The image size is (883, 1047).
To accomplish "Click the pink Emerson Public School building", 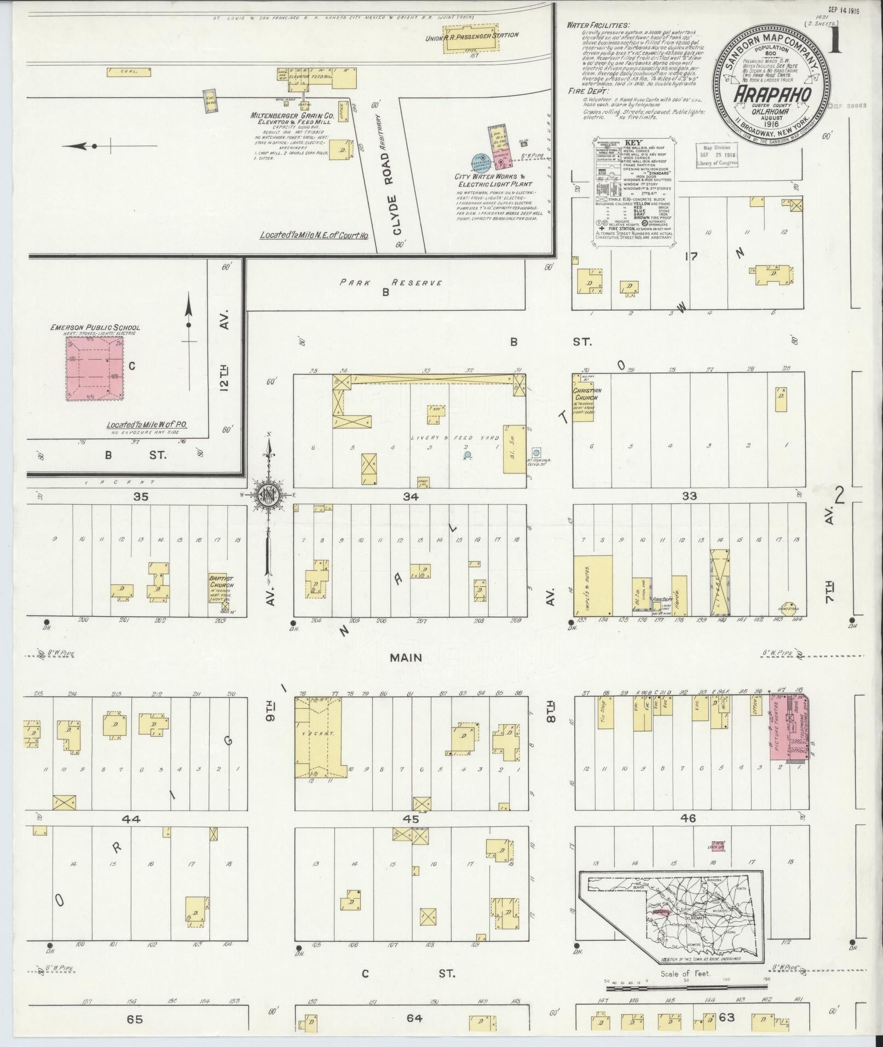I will coord(95,368).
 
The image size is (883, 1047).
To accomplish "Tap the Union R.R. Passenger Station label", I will coord(472,36).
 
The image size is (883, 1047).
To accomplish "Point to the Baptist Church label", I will coord(221,581).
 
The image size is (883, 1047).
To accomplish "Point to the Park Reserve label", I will coord(390,283).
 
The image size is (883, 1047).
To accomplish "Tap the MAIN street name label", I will coord(406,657).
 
